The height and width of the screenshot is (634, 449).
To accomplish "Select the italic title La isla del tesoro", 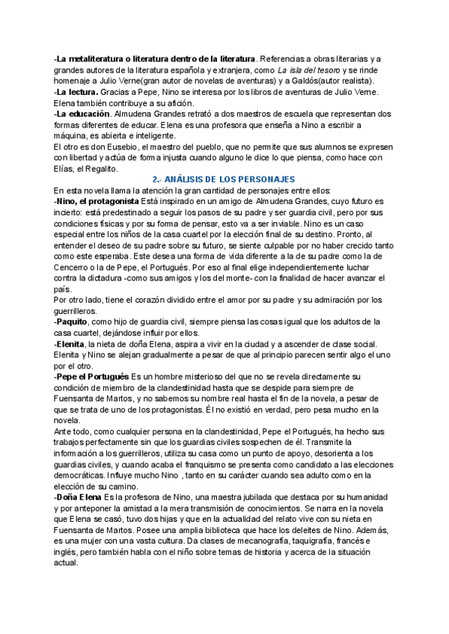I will tap(303, 69).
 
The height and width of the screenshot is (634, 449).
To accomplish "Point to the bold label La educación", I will tap(82, 114).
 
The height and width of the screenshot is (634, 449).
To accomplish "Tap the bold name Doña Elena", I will tap(79, 497).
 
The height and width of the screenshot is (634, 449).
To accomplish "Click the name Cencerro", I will tap(74, 267).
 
